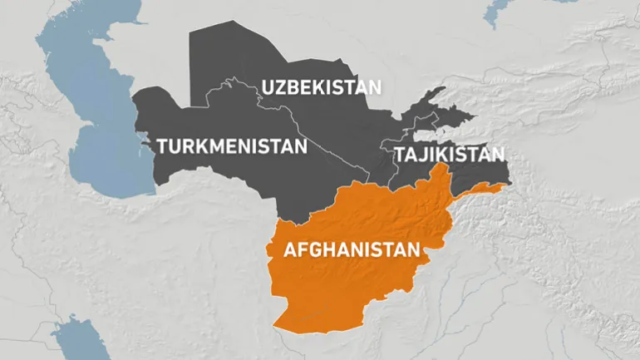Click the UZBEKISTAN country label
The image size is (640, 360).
pos(321,86)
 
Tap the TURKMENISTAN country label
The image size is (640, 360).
pos(232,147)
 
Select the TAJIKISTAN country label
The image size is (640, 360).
pos(449,155)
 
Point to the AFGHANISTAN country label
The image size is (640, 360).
pos(352,249)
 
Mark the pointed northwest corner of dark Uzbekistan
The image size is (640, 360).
pos(191,33)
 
